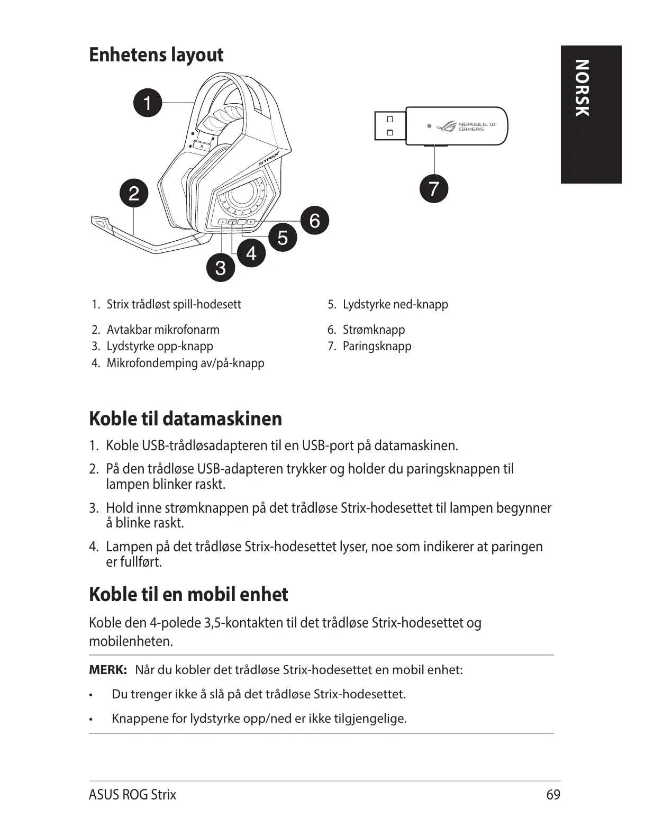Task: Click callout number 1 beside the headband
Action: click(148, 102)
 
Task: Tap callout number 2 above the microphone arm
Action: click(134, 193)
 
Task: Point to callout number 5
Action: click(283, 237)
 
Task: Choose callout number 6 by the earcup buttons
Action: click(315, 220)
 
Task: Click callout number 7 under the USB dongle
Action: click(434, 188)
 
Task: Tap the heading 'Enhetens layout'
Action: click(156, 54)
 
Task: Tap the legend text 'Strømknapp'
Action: click(374, 330)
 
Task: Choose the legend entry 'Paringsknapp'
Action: click(377, 346)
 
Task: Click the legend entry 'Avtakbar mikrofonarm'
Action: click(163, 330)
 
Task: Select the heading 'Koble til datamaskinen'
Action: click(185, 418)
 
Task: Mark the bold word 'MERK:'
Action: click(108, 670)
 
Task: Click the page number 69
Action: click(553, 795)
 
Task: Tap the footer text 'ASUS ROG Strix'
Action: click(132, 795)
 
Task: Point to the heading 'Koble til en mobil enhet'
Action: click(188, 594)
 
